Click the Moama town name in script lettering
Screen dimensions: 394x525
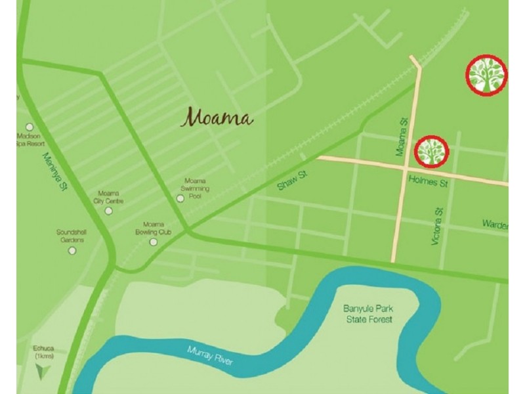(x=217, y=118)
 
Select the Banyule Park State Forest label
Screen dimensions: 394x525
(x=367, y=314)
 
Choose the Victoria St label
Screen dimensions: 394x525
(x=438, y=227)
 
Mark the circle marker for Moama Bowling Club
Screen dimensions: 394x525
(x=154, y=242)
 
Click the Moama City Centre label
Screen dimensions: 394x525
(x=108, y=198)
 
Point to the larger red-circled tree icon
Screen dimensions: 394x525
(x=486, y=75)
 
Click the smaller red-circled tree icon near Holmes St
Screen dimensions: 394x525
(x=432, y=151)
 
